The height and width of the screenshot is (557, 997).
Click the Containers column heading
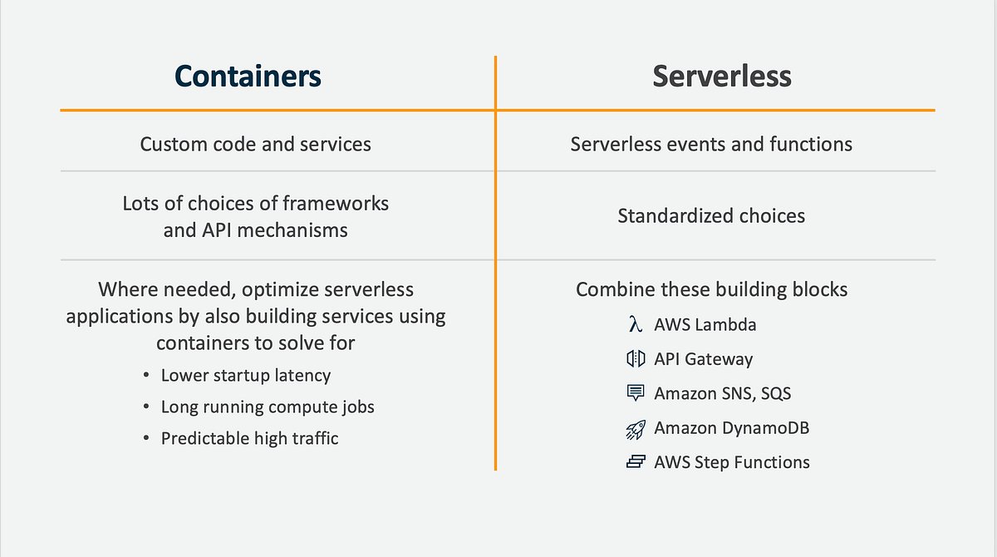248,76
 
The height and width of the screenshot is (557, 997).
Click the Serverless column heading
721,76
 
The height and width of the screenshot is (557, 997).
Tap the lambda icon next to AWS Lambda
636,324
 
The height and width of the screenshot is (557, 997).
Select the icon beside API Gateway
636,359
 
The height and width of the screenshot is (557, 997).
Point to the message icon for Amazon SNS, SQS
636,393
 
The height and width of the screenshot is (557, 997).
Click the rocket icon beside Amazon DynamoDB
636,428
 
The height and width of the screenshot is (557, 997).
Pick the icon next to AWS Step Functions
636,462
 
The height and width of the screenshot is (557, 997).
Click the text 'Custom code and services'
255,144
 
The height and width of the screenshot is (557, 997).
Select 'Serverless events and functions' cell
711,144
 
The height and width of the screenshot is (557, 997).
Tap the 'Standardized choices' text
711,216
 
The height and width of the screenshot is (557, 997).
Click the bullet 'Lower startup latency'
245,376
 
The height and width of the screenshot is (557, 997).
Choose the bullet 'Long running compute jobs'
267,407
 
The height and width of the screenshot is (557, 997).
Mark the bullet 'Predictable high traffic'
249,438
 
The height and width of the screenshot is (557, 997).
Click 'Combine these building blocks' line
711,289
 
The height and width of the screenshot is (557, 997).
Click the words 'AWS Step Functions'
731,462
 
